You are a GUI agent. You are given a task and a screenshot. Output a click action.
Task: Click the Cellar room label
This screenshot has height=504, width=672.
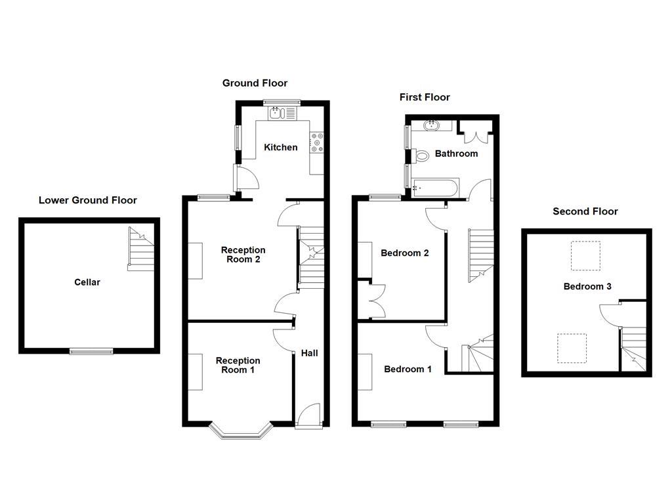tap(87, 282)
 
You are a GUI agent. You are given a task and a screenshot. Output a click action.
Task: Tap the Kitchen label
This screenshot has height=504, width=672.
tap(280, 148)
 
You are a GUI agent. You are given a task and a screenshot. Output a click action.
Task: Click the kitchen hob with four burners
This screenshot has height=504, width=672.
tap(318, 142)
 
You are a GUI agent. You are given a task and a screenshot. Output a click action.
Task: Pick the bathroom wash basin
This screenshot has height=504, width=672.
tap(433, 125)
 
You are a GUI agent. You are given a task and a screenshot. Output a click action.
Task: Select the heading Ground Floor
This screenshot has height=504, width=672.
tap(255, 83)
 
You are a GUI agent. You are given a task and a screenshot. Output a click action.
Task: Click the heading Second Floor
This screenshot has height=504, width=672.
tap(585, 211)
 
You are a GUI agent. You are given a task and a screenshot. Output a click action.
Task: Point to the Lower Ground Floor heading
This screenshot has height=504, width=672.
tap(87, 200)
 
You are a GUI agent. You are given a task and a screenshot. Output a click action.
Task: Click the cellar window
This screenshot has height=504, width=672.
tap(91, 352)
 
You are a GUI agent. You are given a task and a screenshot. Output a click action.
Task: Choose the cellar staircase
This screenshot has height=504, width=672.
tap(140, 249)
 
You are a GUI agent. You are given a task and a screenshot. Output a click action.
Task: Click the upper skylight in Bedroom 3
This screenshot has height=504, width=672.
tap(585, 256)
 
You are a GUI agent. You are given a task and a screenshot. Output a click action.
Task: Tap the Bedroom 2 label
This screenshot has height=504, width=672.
tap(405, 253)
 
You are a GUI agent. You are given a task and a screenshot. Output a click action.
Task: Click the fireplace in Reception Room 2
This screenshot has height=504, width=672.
tap(195, 261)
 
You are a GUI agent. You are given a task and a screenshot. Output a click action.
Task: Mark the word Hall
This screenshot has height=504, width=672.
tap(309, 353)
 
